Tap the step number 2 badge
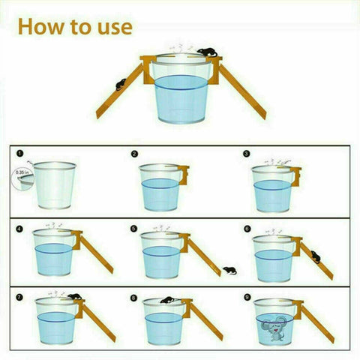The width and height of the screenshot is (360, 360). click(134, 154)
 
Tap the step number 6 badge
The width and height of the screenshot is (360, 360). click(246, 226)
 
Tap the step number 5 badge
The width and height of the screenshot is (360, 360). click(134, 226)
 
